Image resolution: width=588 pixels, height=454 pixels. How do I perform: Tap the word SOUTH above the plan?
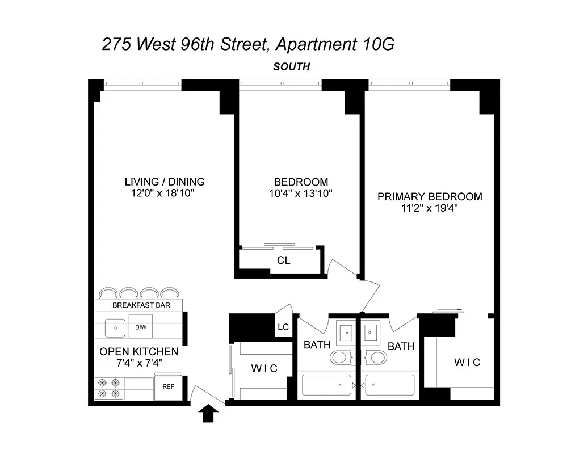pyautogui.click(x=291, y=67)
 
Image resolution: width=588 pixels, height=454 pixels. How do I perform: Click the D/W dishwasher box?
pyautogui.click(x=140, y=327)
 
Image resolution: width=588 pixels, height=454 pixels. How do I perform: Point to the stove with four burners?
pyautogui.click(x=108, y=388)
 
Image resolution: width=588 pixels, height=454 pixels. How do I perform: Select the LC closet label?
pyautogui.click(x=284, y=327)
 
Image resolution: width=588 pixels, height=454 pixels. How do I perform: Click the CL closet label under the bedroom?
pyautogui.click(x=284, y=260)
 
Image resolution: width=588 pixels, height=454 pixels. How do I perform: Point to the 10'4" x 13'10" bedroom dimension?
pyautogui.click(x=301, y=194)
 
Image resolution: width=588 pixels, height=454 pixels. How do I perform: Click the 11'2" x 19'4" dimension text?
pyautogui.click(x=430, y=208)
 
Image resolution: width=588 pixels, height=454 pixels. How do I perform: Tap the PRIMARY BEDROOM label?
pyautogui.click(x=430, y=197)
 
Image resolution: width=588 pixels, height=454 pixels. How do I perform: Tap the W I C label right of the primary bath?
pyautogui.click(x=467, y=363)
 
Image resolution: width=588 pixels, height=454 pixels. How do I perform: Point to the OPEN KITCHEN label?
pyautogui.click(x=138, y=352)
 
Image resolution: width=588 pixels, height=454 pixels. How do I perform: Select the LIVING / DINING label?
pyautogui.click(x=165, y=182)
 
